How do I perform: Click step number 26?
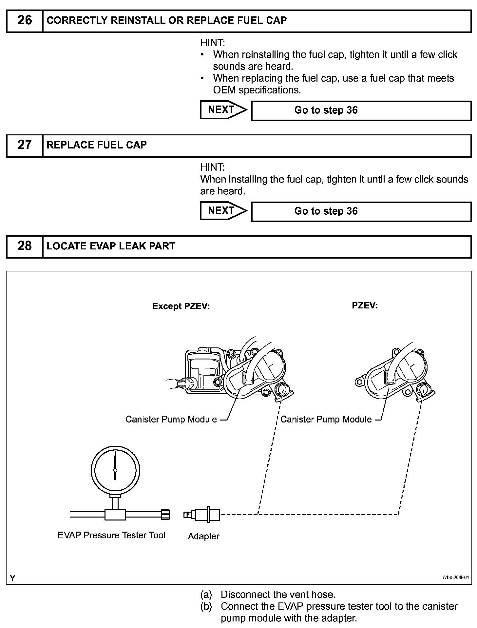tap(25, 20)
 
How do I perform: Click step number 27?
tap(25, 145)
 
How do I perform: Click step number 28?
tap(25, 246)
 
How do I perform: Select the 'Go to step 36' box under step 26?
tap(361, 110)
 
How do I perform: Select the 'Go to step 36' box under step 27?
tap(361, 211)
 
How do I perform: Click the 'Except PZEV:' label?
tap(181, 306)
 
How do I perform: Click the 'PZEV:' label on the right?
tap(365, 305)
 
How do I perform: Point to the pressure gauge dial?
tap(115, 470)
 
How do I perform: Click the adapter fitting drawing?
tap(202, 514)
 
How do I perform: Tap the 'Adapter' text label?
tap(203, 536)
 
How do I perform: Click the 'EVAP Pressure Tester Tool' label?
tap(111, 535)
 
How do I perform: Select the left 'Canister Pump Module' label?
tap(171, 419)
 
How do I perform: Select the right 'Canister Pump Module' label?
tap(326, 419)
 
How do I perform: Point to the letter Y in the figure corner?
tap(12, 578)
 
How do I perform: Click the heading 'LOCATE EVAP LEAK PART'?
tap(111, 246)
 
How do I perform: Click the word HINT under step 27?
tap(212, 167)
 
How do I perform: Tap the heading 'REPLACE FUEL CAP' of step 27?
tap(97, 145)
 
